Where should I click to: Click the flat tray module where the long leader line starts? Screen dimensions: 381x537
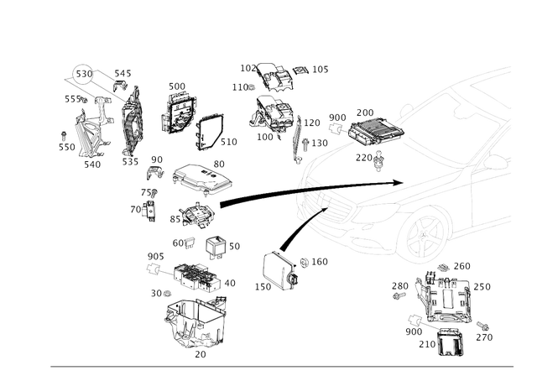pyautogui.click(x=200, y=176)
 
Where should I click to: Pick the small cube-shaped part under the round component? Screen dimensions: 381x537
pyautogui.click(x=216, y=247)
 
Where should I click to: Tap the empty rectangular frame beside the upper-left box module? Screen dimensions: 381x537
pyautogui.click(x=209, y=131)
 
